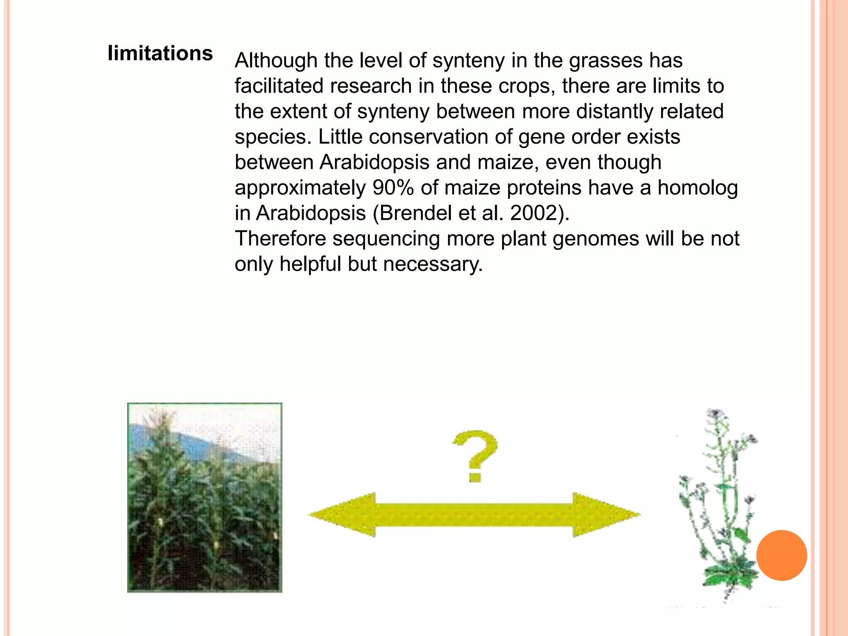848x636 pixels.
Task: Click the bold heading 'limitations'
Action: click(x=160, y=53)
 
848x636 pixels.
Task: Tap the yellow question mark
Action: click(x=475, y=455)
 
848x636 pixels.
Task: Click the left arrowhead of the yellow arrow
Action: click(x=344, y=515)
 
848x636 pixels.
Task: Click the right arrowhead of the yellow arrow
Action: click(x=605, y=515)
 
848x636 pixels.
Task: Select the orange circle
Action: click(x=781, y=555)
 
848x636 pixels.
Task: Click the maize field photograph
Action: click(x=205, y=497)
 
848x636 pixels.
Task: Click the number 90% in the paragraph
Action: click(x=393, y=188)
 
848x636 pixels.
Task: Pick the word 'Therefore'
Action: click(x=280, y=239)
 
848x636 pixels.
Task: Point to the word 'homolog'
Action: click(x=698, y=188)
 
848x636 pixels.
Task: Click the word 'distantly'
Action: click(x=614, y=111)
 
